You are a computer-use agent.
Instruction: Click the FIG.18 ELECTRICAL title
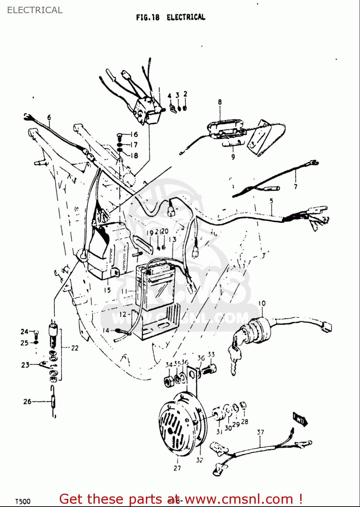[171, 17]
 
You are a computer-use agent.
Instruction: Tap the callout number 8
[220, 102]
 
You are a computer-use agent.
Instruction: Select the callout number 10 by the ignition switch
[262, 303]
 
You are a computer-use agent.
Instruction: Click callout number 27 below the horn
[177, 468]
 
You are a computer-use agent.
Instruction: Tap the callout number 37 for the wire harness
[260, 432]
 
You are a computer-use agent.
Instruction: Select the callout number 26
[27, 402]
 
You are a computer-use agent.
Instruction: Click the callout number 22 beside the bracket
[75, 348]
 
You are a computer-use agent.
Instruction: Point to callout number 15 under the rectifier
[107, 290]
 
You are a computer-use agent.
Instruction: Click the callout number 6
[49, 117]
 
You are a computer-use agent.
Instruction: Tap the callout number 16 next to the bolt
[134, 135]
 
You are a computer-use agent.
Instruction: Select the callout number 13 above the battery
[173, 239]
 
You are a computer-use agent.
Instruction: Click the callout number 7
[296, 186]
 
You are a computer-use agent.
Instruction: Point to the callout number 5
[272, 201]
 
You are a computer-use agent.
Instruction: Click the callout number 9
[233, 156]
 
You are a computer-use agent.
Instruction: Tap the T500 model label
[23, 501]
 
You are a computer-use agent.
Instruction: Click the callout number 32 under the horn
[200, 460]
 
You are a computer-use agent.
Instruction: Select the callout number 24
[24, 332]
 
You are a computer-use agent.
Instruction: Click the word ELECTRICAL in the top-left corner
[35, 10]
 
